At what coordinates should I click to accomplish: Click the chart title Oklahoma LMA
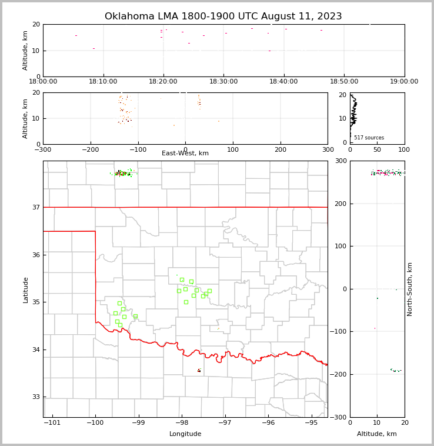[223, 16]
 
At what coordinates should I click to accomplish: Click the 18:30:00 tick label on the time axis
[223, 82]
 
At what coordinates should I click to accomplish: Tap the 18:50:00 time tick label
[344, 82]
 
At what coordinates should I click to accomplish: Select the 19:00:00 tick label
[404, 82]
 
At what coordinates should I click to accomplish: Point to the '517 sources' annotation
[369, 138]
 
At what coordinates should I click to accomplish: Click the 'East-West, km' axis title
[185, 154]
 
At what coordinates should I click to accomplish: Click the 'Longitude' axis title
[185, 434]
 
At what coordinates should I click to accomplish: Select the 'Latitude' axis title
[25, 289]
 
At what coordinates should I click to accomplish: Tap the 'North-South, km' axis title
[410, 289]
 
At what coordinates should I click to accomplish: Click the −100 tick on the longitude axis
[95, 422]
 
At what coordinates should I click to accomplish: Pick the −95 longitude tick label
[311, 422]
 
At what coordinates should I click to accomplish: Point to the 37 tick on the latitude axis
[35, 207]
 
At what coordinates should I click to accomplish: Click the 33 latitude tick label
[35, 397]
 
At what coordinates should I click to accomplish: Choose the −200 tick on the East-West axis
[90, 149]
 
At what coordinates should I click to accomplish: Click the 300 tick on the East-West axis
[328, 149]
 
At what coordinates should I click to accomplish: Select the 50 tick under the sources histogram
[377, 149]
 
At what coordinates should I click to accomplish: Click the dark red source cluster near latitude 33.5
[199, 370]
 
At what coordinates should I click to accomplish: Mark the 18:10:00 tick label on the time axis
[103, 82]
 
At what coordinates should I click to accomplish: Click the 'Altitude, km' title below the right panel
[377, 434]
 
